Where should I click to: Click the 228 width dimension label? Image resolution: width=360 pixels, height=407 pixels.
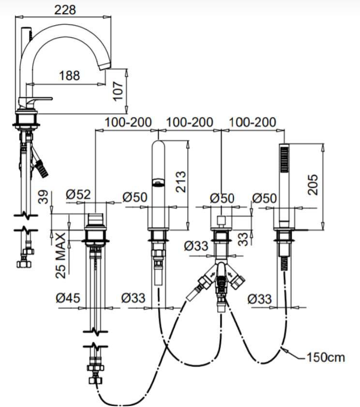pos(65,10)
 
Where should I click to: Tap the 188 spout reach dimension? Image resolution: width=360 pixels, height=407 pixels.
pos(69,75)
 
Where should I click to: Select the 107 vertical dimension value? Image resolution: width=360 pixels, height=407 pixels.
pos(118,91)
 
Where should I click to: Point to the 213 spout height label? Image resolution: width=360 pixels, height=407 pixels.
pos(181,181)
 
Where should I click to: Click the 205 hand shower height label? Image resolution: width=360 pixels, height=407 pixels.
pos(313,184)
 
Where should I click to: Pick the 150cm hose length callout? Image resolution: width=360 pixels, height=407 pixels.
pos(326,358)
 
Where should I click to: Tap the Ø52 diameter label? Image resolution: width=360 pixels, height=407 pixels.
pos(78,195)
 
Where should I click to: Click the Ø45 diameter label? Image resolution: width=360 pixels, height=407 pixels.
pos(68,298)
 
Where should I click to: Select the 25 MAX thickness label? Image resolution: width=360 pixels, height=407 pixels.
pos(61,256)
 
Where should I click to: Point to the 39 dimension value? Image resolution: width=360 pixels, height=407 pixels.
pos(43,197)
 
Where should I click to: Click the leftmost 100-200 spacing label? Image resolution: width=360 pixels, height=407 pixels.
pos(128,122)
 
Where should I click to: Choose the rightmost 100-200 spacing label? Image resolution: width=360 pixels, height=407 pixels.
pos(252,122)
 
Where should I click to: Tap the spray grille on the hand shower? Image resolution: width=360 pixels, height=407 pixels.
pos(285,159)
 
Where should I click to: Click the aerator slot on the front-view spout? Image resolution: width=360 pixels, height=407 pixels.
pos(158,182)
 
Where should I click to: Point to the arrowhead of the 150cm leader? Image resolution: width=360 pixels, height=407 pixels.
pos(284,349)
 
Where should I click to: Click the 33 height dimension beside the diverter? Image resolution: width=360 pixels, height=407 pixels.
pos(243,239)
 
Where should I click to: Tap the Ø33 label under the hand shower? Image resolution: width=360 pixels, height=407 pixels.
pos(259,299)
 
